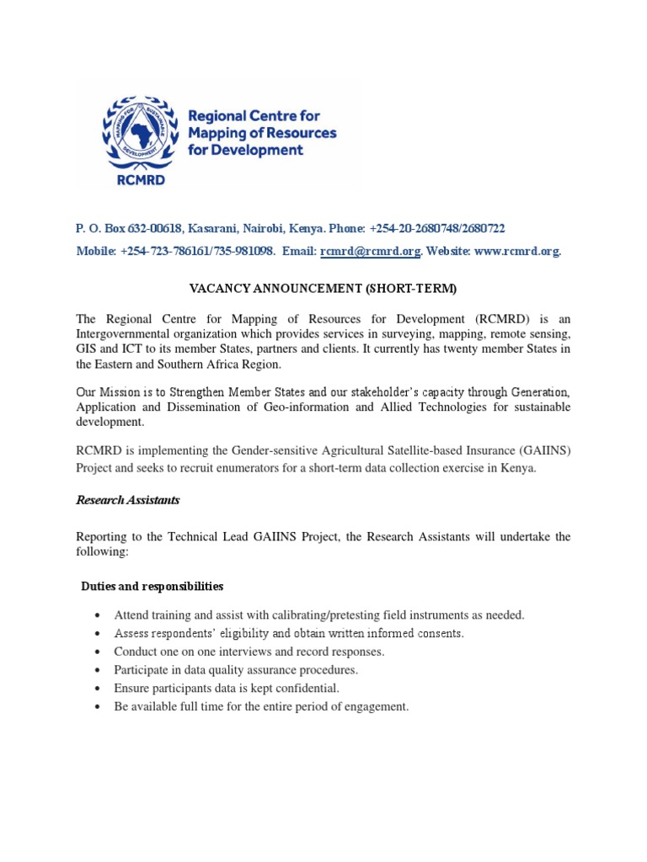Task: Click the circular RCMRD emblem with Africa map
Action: click(x=138, y=131)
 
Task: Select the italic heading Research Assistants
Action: click(x=128, y=500)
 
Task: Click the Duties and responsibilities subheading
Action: click(x=152, y=586)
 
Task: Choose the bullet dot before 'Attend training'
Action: click(x=99, y=615)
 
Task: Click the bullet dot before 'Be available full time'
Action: click(x=99, y=707)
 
